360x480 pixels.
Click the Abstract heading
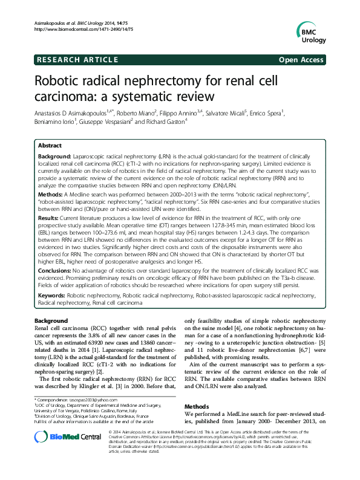[50, 145]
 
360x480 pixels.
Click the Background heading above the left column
[51, 320]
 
